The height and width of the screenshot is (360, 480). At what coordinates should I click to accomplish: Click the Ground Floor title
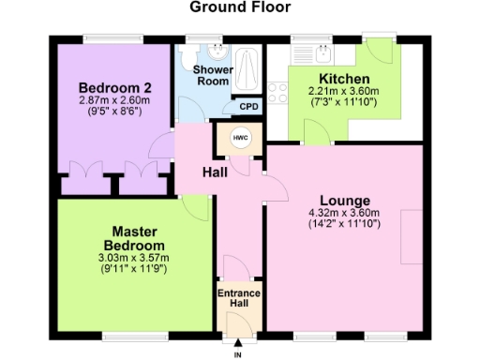[x=240, y=7]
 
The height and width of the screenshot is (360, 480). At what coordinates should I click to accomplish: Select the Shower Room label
[x=212, y=76]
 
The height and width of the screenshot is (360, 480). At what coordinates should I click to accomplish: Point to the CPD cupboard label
[x=248, y=107]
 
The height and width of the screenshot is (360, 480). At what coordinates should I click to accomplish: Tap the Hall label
[x=216, y=172]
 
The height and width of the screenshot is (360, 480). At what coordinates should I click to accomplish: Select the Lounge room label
[x=345, y=201]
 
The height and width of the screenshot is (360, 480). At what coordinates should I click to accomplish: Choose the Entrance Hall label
[x=239, y=299]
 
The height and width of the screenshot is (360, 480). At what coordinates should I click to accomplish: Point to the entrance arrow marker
[x=237, y=343]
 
